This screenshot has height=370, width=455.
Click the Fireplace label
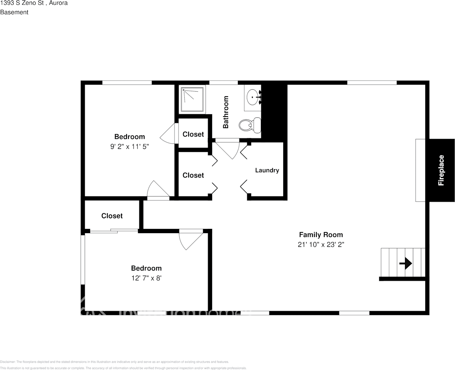[441, 170]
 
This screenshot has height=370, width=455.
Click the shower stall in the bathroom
[192, 99]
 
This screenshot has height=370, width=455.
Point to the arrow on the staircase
[406, 264]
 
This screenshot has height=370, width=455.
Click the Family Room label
[321, 235]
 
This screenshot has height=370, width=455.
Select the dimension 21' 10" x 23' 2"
[321, 245]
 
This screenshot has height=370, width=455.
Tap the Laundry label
[267, 170]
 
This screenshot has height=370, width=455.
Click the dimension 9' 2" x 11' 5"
[129, 147]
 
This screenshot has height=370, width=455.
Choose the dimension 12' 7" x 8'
[146, 278]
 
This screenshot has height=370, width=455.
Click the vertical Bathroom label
[226, 112]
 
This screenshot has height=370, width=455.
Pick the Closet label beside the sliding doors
[112, 216]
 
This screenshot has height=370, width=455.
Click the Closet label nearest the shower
[193, 134]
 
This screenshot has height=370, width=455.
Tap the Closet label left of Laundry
[193, 175]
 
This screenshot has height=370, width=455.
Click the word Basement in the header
[14, 12]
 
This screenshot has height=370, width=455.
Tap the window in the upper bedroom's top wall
[127, 82]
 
